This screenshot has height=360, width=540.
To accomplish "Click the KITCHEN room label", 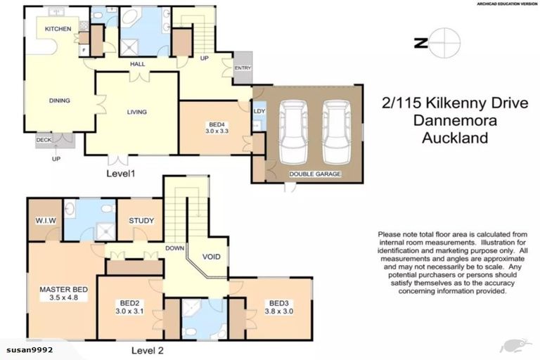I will click(58, 29).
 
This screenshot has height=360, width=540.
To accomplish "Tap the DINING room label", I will click(59, 101).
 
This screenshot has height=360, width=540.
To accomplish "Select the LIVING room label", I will click(136, 112).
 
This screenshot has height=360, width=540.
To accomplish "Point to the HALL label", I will click(137, 64).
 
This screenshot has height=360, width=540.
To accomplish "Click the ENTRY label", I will click(243, 68).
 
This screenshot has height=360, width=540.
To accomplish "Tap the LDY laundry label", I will click(258, 110).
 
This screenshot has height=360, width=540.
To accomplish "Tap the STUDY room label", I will click(141, 221).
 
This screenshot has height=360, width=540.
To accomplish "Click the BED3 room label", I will click(276, 304).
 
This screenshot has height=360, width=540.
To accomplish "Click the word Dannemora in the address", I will click(454, 121).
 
